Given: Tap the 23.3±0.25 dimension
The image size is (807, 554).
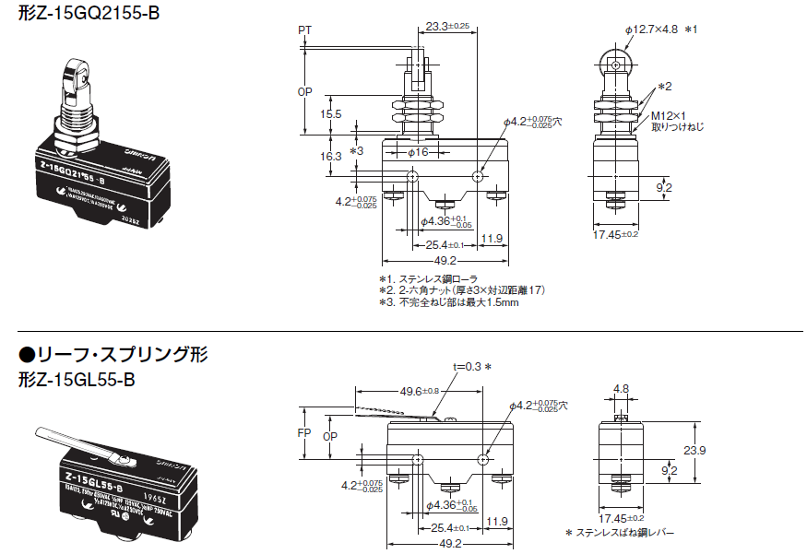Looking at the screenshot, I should (448, 27).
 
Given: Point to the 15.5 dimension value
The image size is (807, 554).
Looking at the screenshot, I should (331, 114).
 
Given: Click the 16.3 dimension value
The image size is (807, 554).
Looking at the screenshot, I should (331, 157).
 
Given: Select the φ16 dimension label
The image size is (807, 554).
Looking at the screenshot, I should (418, 150).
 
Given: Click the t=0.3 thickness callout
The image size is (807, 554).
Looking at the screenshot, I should (467, 366).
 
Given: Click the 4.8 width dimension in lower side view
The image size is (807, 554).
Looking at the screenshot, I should (622, 388).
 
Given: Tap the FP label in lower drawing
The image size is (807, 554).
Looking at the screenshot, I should (306, 431).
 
